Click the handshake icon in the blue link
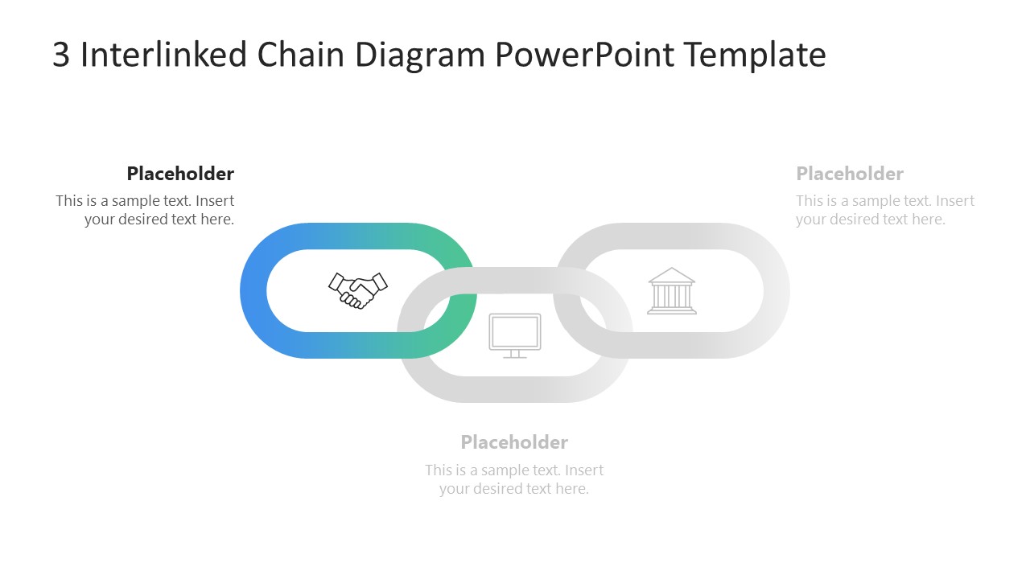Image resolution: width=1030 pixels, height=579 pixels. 358,290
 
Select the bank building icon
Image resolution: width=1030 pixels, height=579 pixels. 672,290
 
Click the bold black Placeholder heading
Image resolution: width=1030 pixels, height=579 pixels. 180,174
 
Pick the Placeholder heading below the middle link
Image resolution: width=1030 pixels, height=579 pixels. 514,442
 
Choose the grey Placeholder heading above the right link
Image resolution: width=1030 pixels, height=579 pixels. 850,174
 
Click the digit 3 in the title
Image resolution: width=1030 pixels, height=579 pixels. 61,55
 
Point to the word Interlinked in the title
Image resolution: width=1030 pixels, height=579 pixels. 163,55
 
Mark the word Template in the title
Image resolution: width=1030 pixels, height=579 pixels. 755,55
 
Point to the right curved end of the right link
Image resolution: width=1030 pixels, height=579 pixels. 776,290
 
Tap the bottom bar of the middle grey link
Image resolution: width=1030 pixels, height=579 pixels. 515,389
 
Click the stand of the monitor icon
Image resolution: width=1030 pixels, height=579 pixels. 515,355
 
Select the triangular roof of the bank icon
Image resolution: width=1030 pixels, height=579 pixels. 672,276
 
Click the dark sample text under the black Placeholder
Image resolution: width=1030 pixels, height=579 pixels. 146,210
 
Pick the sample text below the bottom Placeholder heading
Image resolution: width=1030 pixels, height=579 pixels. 514,479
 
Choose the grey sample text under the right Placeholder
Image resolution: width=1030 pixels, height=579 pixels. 885,210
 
